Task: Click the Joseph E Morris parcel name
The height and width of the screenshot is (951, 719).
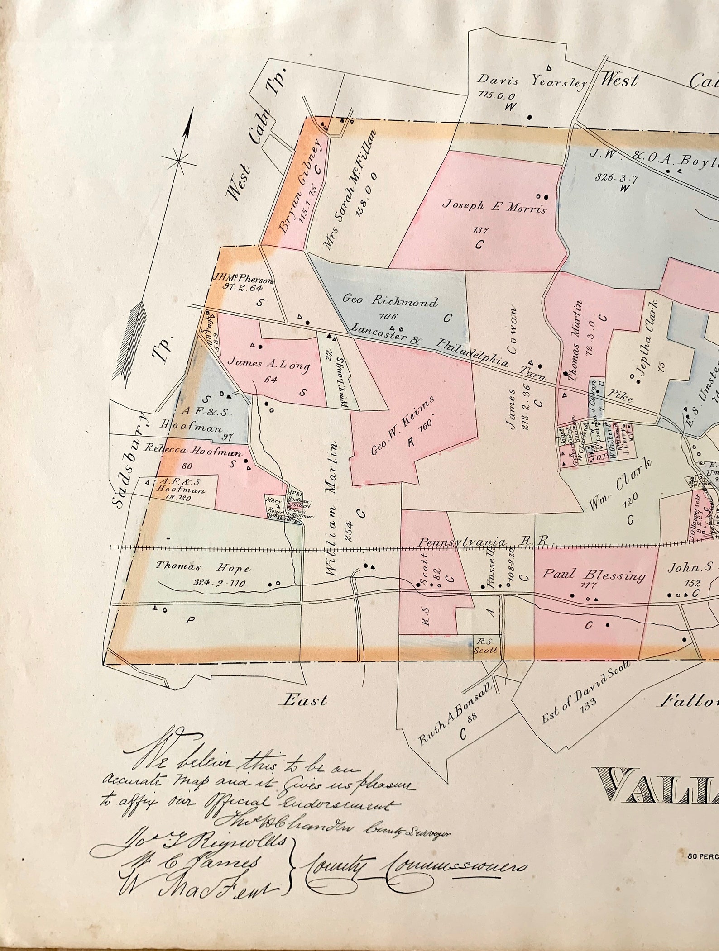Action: [494, 206]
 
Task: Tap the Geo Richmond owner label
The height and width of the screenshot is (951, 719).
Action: [390, 300]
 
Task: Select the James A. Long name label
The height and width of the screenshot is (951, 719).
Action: [268, 363]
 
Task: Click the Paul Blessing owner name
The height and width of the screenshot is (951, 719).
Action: [594, 575]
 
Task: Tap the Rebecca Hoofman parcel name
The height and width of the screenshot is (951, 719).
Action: [193, 450]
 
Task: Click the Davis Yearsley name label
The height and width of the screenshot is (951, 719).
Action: [532, 81]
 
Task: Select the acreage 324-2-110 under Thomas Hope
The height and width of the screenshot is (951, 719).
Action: [219, 583]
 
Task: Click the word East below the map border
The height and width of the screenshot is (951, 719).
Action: [305, 701]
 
